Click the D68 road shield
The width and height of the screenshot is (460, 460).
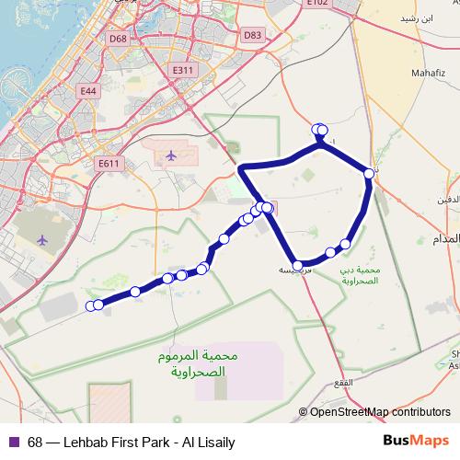tap(118, 39)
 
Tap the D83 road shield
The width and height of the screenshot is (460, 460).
tap(253, 35)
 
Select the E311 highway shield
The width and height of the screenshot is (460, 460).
tap(183, 70)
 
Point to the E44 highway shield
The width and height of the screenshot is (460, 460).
tap(88, 91)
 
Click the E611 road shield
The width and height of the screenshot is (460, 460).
tap(109, 164)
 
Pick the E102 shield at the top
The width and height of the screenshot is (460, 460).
tap(317, 3)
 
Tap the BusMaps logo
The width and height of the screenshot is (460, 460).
tap(416, 442)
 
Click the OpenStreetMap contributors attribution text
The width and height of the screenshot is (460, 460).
tap(379, 412)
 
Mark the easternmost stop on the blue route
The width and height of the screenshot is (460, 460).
tap(369, 173)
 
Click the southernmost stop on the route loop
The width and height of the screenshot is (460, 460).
tap(297, 266)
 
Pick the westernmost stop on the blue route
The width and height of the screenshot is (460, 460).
tap(90, 305)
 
